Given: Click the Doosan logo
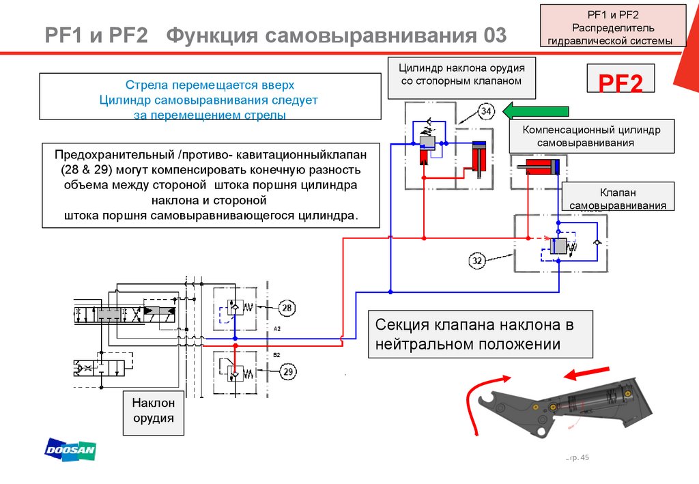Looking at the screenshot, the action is (70, 449).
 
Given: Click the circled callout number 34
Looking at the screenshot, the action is (486, 111).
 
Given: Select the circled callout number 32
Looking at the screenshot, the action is (477, 260).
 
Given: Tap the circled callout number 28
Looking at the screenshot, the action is (287, 307).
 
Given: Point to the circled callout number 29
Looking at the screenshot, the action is (288, 371).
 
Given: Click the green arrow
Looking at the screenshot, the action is (536, 111).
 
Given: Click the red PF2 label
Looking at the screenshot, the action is (620, 83).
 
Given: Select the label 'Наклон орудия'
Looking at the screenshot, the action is (154, 410).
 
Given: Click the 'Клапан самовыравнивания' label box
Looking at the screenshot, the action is (618, 197).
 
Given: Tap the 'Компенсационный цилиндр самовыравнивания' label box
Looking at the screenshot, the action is (592, 137).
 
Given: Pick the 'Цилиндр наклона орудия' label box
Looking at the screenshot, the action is (461, 78).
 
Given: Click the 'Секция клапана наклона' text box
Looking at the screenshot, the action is (480, 334).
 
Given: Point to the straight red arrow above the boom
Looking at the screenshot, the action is (586, 373).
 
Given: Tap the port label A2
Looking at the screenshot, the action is (277, 329).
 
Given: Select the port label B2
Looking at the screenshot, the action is (277, 355).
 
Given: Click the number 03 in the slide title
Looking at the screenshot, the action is (495, 35).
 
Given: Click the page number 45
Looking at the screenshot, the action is (584, 457).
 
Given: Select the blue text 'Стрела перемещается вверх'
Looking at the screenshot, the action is (210, 85).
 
